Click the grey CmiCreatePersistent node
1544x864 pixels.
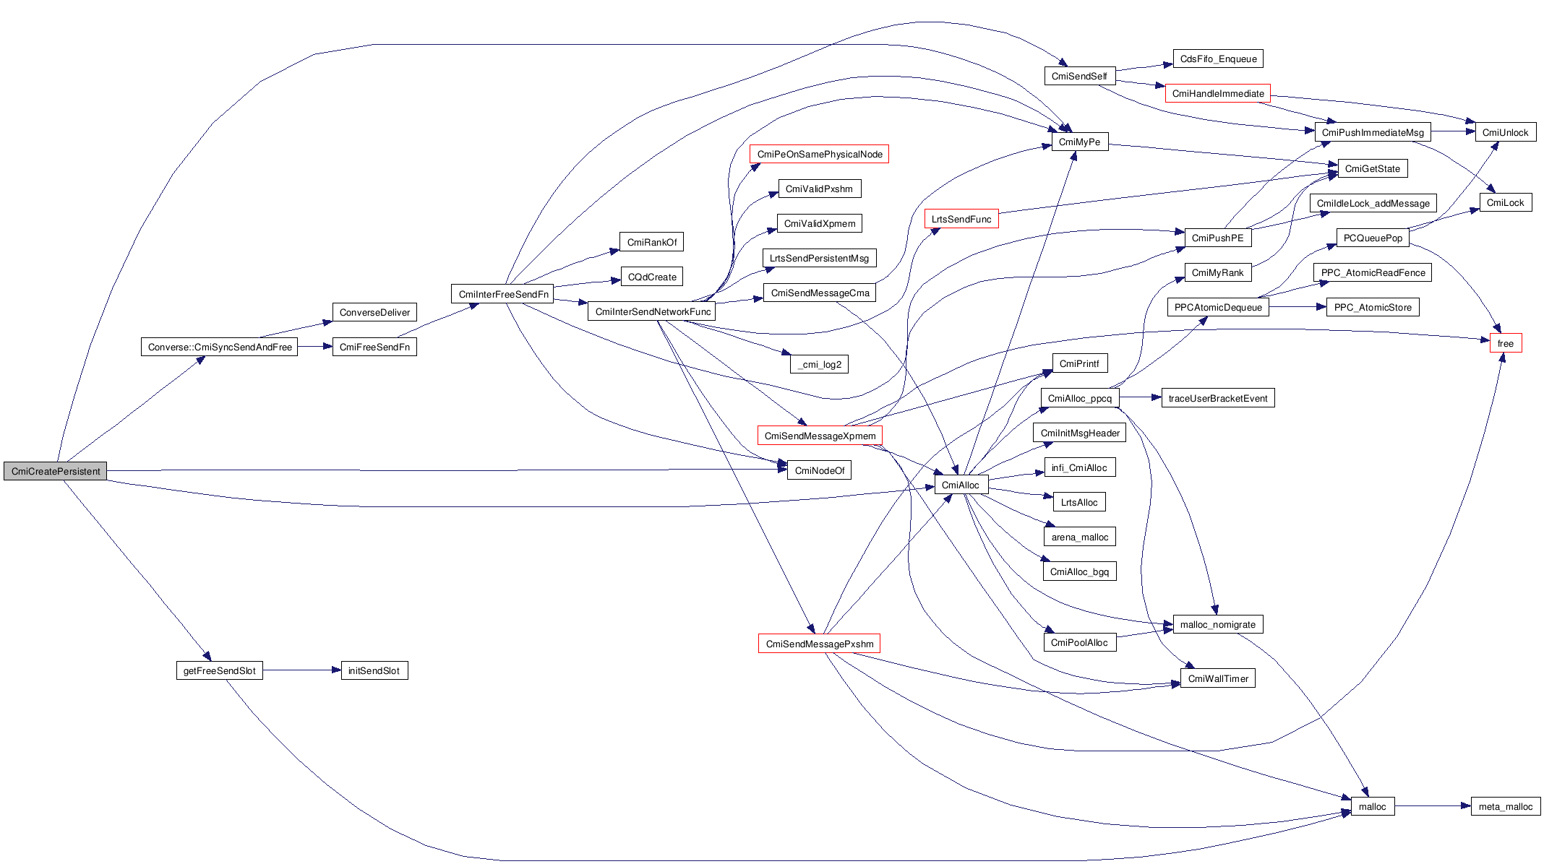coord(56,471)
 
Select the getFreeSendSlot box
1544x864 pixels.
coord(219,670)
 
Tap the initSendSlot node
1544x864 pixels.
coord(374,670)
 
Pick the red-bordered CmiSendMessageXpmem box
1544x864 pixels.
coord(820,436)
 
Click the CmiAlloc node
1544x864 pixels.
coord(961,485)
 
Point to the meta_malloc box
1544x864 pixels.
coord(1505,806)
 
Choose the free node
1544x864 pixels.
coord(1505,343)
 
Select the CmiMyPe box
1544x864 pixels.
coord(1079,142)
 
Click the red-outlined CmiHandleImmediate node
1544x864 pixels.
coord(1217,93)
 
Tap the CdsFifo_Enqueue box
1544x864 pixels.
coord(1218,59)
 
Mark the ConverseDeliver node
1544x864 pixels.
coord(374,312)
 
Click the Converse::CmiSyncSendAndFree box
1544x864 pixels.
coord(220,347)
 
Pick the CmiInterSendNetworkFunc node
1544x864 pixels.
coord(653,311)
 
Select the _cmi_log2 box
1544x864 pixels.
coord(819,364)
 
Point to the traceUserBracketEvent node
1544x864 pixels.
coord(1217,398)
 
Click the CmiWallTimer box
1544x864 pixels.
coord(1218,678)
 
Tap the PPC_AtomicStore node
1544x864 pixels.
coord(1372,307)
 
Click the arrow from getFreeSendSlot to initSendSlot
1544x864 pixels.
coord(301,670)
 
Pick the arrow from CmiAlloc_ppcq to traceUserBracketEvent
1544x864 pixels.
coord(1140,397)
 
